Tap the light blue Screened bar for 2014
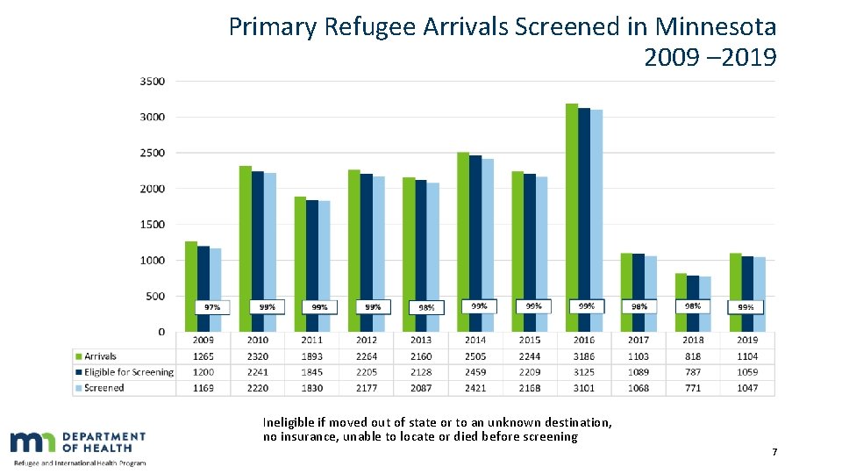click(488, 237)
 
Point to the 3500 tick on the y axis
click(152, 81)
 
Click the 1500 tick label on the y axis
click(152, 225)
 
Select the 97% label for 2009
click(212, 307)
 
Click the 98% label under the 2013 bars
click(426, 307)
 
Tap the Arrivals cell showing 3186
click(584, 356)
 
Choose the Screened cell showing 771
click(693, 388)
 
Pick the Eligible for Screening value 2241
click(258, 372)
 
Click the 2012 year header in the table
click(367, 340)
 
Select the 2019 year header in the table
click(747, 340)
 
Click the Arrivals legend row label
click(100, 356)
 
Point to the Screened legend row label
click(103, 388)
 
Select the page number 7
click(774, 452)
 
